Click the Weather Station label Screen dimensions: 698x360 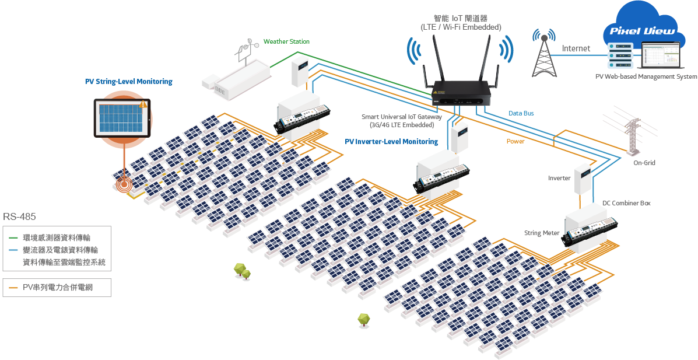[286, 41]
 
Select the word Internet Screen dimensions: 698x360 [576, 48]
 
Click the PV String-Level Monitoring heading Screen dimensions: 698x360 [129, 82]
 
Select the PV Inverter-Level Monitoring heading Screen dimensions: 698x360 [391, 142]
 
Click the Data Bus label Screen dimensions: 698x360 [521, 114]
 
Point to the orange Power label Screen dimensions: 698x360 [515, 141]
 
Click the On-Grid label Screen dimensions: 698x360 [644, 163]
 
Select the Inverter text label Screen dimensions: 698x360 [559, 178]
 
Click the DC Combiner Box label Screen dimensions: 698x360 [626, 203]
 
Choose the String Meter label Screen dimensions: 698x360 [542, 233]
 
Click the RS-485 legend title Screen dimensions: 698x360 [19, 217]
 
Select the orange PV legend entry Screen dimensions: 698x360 [54, 288]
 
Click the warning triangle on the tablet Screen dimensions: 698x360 [142, 104]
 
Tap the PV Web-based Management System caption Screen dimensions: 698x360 [646, 76]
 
